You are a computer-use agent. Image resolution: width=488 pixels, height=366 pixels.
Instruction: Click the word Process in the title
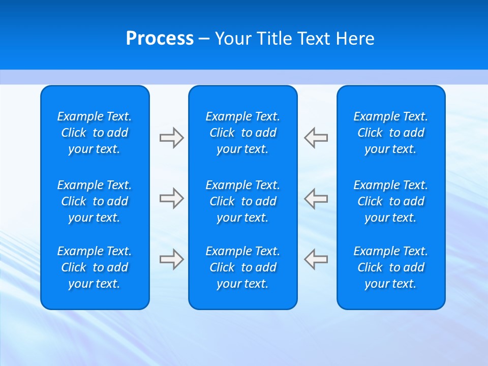pos(160,39)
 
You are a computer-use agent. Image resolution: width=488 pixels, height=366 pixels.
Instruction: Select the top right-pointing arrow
pos(171,138)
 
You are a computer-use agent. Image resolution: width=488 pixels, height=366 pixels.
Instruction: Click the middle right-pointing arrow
pos(171,198)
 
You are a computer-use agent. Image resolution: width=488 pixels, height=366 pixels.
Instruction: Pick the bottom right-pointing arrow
pos(171,259)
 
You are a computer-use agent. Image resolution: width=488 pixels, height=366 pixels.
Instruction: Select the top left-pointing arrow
pos(316,138)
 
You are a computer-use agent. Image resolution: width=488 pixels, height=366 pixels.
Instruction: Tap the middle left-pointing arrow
pos(316,198)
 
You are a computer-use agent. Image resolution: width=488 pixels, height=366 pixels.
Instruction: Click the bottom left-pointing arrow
pos(316,259)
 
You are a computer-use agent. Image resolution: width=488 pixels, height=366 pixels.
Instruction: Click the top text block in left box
pos(95,133)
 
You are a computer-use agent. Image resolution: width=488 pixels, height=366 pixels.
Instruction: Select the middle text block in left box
pos(95,201)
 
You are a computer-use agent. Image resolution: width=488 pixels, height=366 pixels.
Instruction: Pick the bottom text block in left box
pos(95,267)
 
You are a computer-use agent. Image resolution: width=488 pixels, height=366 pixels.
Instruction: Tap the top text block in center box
pos(242,133)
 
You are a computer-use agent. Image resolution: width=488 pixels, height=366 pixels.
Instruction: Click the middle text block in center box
pos(242,201)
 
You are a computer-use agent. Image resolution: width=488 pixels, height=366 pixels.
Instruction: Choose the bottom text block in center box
pos(242,267)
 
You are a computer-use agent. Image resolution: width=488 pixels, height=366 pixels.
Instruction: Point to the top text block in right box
pos(390,133)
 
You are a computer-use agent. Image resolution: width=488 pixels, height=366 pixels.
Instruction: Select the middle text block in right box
pos(390,201)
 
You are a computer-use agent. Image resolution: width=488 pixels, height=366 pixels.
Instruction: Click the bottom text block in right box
pos(390,267)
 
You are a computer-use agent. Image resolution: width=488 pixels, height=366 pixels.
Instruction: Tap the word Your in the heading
pos(232,39)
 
